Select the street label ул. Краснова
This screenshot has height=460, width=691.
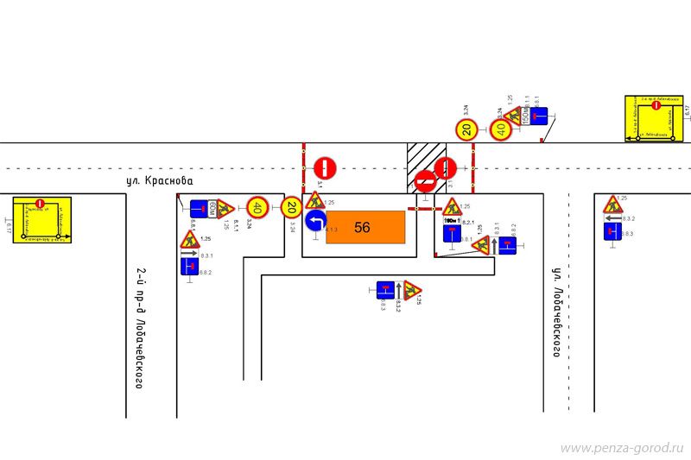(160, 181)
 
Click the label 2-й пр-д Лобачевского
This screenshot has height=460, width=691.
(139, 328)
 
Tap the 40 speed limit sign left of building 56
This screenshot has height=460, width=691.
(257, 207)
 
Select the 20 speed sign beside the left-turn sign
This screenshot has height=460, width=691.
(291, 207)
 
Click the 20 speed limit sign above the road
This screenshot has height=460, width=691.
(466, 130)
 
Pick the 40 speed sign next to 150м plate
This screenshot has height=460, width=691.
(502, 130)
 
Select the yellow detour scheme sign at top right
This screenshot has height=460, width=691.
(652, 118)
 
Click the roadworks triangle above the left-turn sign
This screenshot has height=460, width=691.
(315, 200)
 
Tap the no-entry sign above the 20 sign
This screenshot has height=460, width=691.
(325, 167)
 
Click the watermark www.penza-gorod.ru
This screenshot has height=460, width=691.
(622, 449)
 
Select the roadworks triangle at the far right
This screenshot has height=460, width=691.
(612, 205)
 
